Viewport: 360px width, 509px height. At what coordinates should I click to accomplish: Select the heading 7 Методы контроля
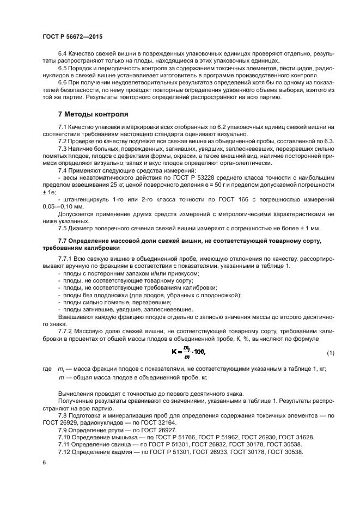click(94, 115)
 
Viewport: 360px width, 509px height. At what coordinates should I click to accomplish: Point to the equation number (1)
click(331, 353)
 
